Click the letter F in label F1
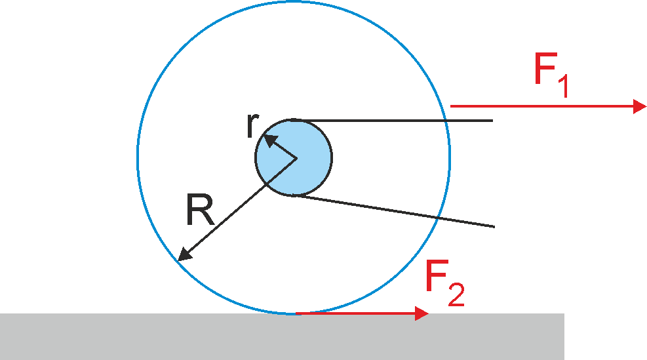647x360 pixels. (545, 68)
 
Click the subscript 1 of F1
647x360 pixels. (564, 87)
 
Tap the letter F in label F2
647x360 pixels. (437, 276)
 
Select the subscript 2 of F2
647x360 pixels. (456, 294)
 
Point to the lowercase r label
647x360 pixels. (252, 125)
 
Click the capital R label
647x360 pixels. (200, 210)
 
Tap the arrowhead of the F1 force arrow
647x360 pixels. (640, 106)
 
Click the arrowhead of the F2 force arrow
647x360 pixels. (422, 313)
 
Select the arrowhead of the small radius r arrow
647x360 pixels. (269, 140)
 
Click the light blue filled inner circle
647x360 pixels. (294, 157)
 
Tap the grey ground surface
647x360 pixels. (283, 336)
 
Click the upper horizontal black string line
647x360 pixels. (393, 121)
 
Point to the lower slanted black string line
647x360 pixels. (395, 211)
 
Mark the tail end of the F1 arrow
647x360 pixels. (450, 106)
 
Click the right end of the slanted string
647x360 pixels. (494, 227)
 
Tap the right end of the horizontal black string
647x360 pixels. (493, 121)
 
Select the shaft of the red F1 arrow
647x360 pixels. (541, 106)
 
